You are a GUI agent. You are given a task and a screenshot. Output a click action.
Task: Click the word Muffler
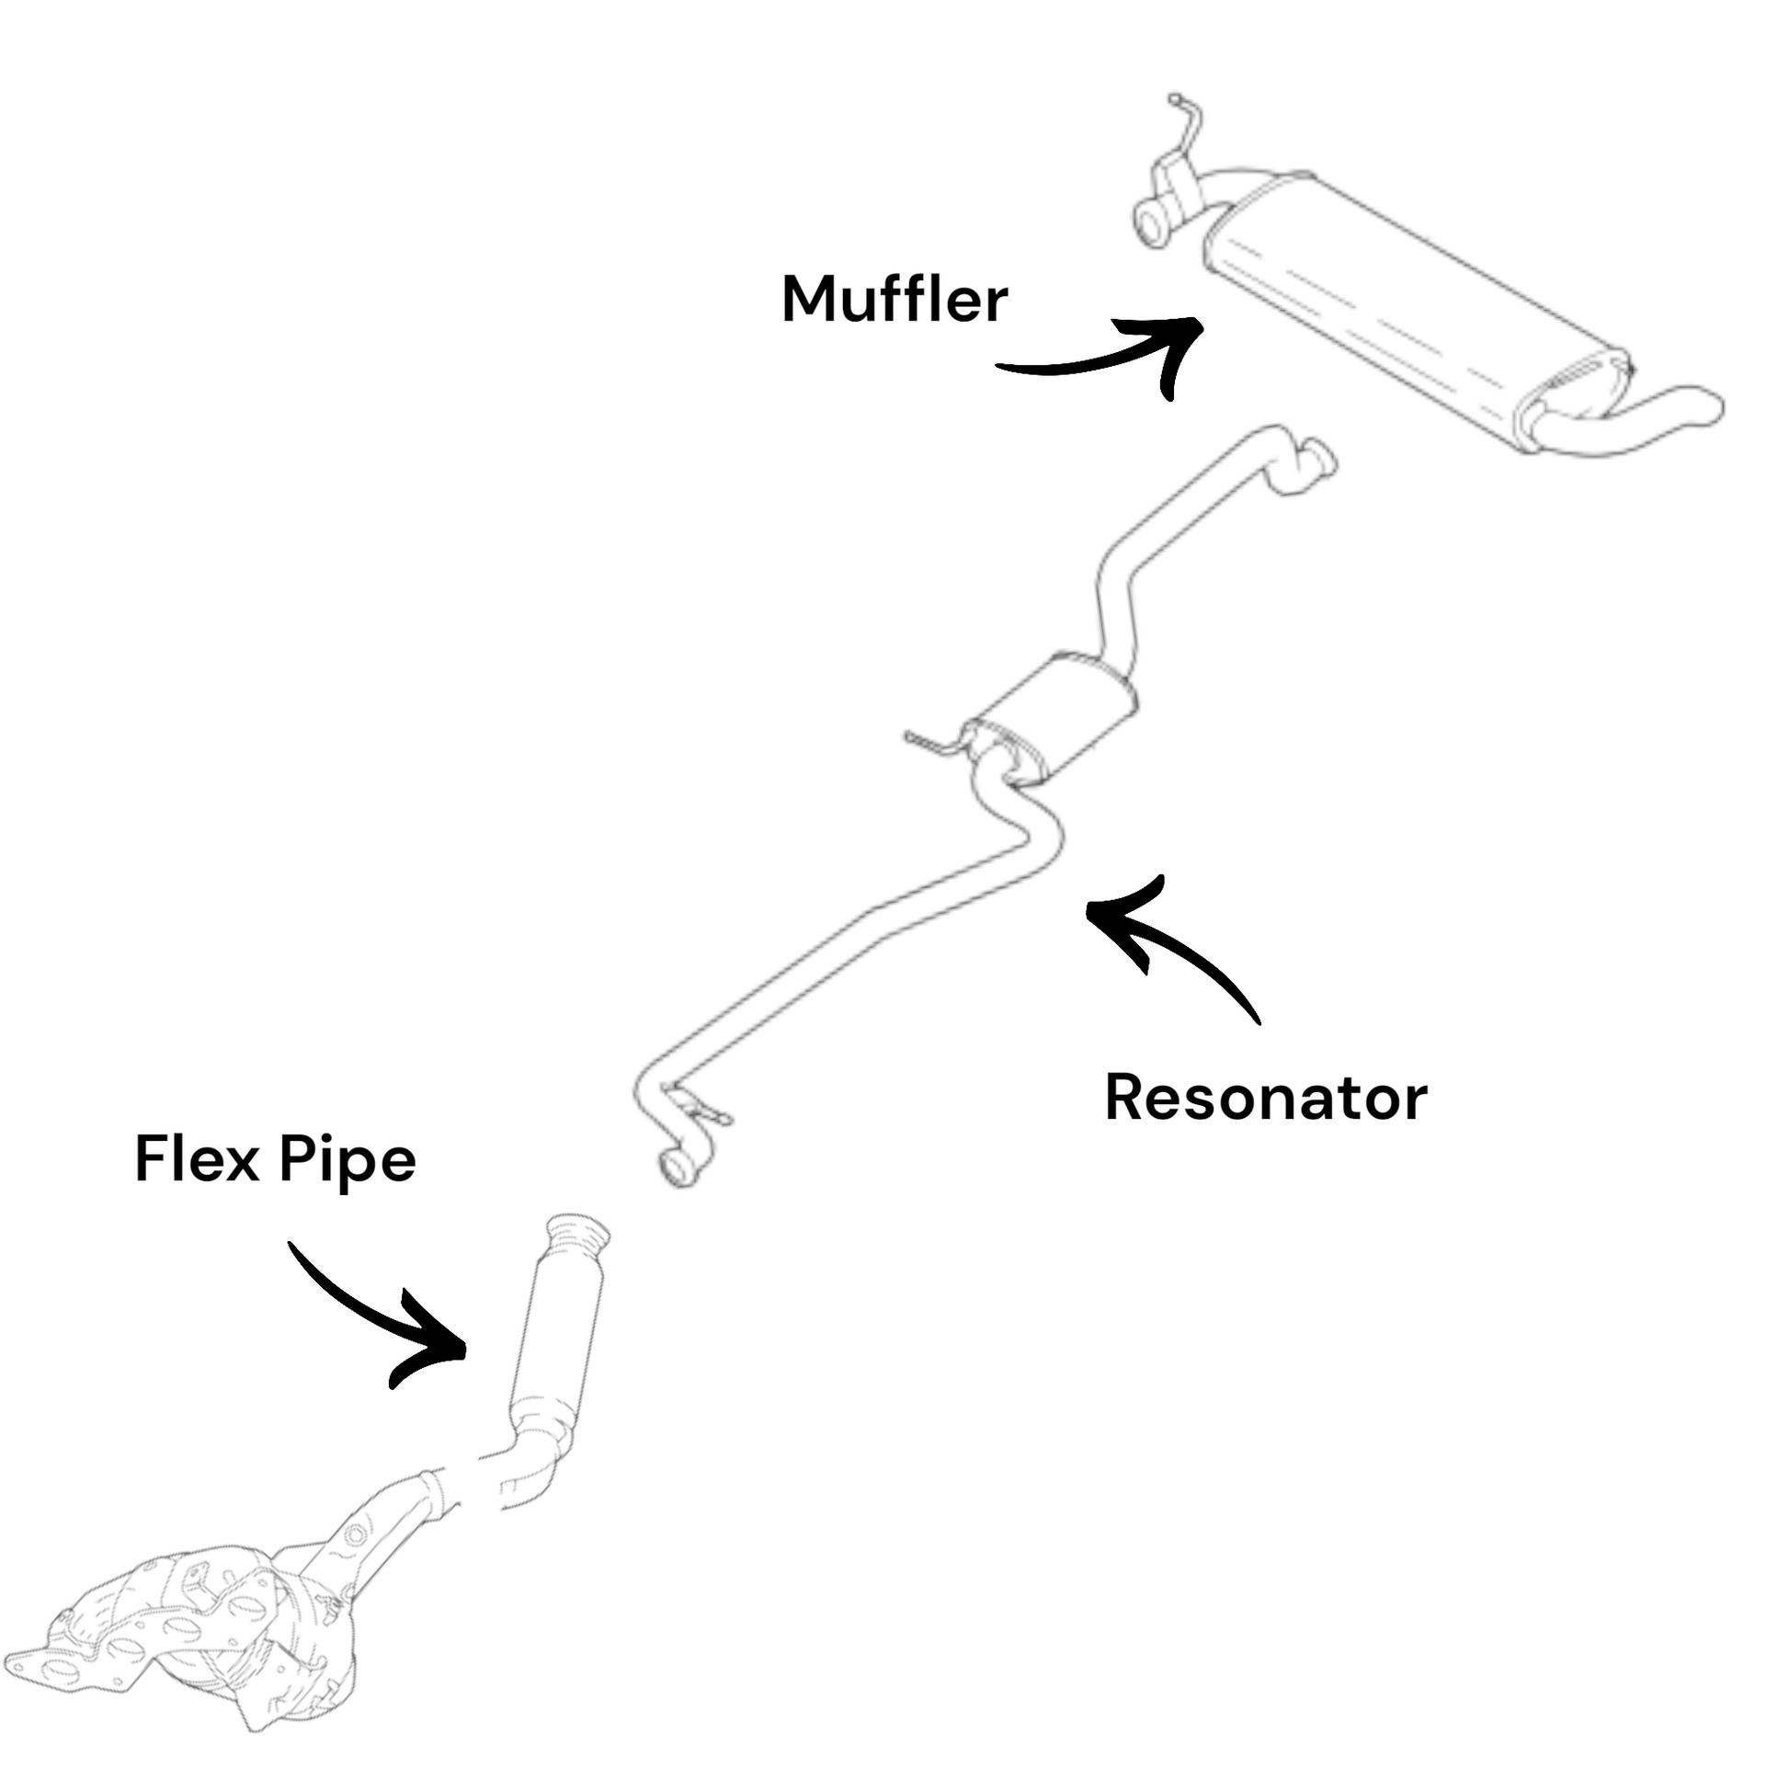tap(894, 299)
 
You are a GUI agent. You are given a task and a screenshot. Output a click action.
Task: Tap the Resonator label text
tap(1265, 1099)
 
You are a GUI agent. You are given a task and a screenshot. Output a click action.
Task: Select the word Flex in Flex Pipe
tap(196, 1158)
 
